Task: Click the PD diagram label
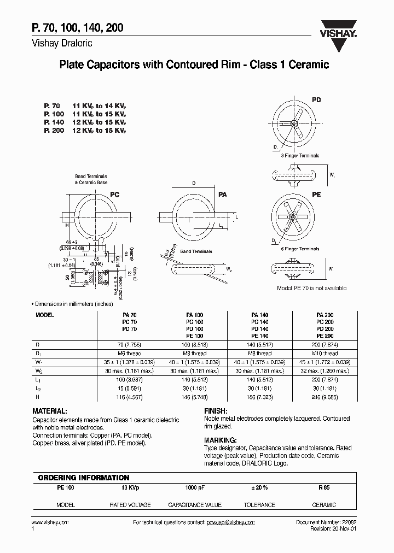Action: (x=316, y=100)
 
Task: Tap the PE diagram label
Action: (x=316, y=194)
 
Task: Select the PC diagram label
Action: (x=114, y=194)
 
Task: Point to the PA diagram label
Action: (x=223, y=194)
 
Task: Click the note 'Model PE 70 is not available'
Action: (x=312, y=288)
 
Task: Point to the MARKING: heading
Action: (x=220, y=440)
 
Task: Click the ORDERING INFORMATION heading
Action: (x=83, y=477)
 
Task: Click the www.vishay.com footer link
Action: (x=50, y=522)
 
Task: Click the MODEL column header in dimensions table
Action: (x=45, y=315)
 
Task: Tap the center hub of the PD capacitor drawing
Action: (x=294, y=123)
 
